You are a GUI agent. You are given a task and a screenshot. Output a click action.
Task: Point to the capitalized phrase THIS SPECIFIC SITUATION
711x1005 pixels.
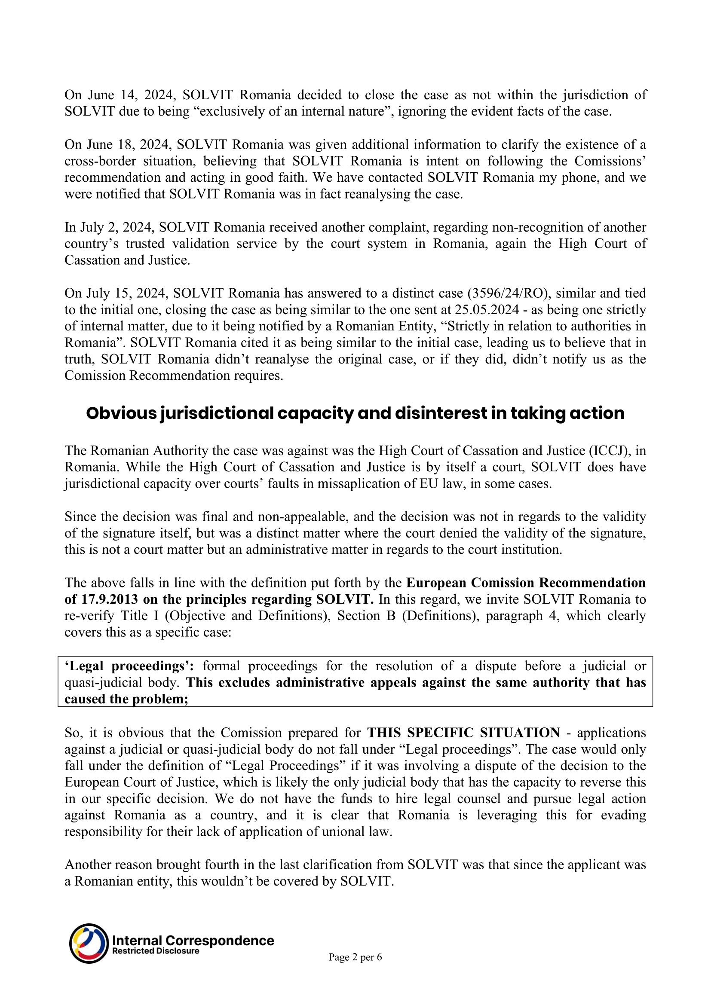[x=463, y=733]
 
